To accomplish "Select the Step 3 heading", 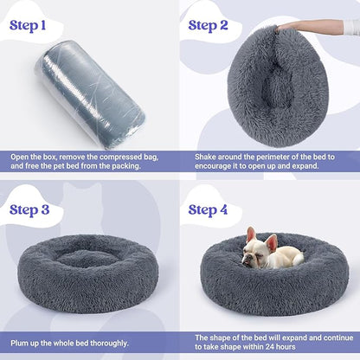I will coord(35,209).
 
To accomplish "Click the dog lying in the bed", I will coord(269,250).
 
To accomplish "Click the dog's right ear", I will coord(250,234).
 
